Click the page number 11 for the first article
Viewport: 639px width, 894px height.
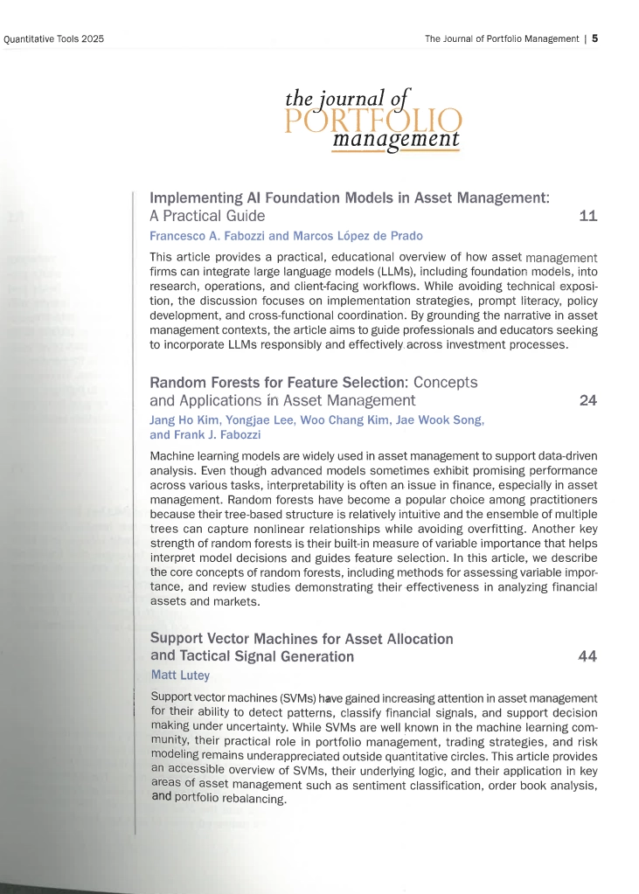coord(588,215)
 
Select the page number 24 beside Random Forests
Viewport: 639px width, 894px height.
coord(588,401)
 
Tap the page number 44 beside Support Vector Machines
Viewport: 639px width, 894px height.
coord(588,657)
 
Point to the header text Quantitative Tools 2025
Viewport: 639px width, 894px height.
coord(54,38)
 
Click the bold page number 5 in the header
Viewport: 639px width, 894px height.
coord(594,38)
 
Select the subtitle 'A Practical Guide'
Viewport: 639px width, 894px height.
coord(207,215)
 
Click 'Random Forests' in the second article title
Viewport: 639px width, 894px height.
coord(200,383)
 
